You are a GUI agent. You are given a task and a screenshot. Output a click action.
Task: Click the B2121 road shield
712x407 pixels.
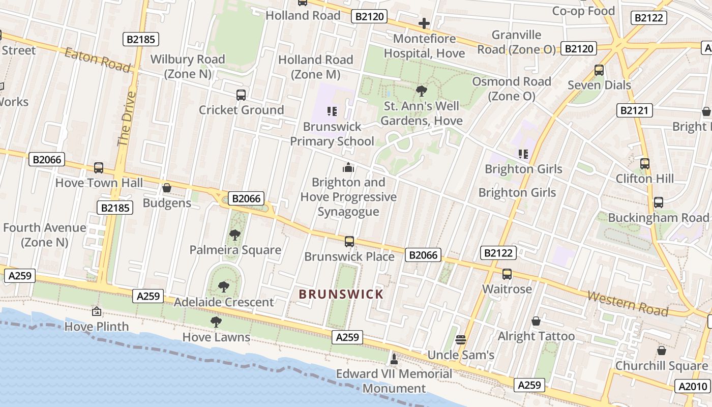[635, 110]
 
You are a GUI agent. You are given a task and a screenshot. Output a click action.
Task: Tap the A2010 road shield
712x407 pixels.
[693, 387]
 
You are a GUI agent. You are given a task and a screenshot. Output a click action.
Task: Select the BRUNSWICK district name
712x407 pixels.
[341, 294]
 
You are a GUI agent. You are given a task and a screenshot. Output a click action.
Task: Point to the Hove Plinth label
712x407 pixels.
[97, 326]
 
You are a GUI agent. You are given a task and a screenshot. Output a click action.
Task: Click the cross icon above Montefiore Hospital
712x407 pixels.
[424, 23]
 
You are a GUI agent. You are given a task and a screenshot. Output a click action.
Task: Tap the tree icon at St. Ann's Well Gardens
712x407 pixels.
[421, 91]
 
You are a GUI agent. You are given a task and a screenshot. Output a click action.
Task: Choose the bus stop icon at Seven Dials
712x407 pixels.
[599, 70]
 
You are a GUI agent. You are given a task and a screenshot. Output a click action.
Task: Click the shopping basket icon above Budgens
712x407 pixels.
[166, 188]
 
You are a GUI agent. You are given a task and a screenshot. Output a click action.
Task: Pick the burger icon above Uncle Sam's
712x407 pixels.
[461, 339]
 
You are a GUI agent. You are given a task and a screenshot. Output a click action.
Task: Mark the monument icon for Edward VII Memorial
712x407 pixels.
[393, 359]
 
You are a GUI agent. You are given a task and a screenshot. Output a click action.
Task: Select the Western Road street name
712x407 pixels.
[628, 303]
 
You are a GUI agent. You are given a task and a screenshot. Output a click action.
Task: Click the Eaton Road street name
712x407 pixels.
[97, 59]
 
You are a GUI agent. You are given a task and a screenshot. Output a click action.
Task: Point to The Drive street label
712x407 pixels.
[127, 119]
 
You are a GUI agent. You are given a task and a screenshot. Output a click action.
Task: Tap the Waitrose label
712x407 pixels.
[507, 289]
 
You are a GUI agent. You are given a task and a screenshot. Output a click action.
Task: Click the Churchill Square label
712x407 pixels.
[661, 366]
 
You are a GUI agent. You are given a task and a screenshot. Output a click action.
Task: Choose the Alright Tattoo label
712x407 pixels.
[536, 336]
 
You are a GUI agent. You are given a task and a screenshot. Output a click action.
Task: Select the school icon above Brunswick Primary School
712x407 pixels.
[332, 111]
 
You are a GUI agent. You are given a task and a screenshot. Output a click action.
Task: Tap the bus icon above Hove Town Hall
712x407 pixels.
[99, 168]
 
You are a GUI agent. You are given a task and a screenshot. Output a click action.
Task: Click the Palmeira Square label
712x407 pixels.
[235, 250]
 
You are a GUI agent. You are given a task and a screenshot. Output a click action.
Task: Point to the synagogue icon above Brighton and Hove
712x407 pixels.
[348, 167]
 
